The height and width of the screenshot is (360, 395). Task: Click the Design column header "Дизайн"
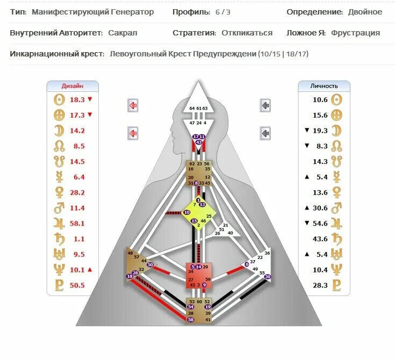(x=73, y=85)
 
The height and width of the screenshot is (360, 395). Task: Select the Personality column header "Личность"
(x=324, y=85)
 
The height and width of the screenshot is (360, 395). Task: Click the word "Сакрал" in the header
(x=123, y=33)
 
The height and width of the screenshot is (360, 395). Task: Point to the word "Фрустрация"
(x=355, y=33)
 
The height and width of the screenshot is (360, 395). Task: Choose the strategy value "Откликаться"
(x=247, y=33)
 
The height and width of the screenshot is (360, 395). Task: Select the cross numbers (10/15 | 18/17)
(x=283, y=54)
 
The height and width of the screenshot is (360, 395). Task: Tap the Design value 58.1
(x=77, y=223)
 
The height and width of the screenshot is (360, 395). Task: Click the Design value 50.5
(x=77, y=285)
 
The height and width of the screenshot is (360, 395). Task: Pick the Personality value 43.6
(x=320, y=239)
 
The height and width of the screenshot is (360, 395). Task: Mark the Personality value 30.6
(x=320, y=207)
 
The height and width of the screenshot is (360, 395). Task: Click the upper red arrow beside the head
(x=133, y=105)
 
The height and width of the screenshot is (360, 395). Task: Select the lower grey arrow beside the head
(x=265, y=132)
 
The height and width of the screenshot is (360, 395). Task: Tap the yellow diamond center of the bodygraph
(x=198, y=212)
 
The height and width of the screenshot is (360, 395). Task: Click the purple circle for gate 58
(x=191, y=320)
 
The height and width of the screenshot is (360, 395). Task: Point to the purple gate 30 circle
(x=268, y=277)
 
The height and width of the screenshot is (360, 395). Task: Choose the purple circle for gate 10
(x=187, y=213)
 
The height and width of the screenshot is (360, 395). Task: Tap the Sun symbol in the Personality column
(x=336, y=99)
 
